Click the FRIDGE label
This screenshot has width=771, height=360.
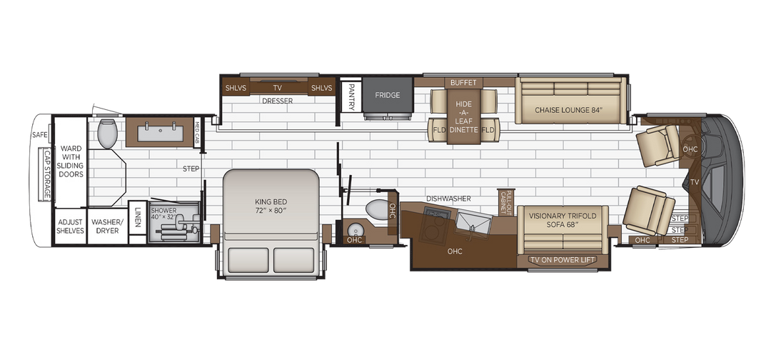pyautogui.click(x=388, y=96)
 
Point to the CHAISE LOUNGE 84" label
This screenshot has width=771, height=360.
pyautogui.click(x=569, y=110)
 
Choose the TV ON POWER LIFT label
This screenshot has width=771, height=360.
pyautogui.click(x=563, y=259)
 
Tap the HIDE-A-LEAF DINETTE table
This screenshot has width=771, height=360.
pyautogui.click(x=463, y=114)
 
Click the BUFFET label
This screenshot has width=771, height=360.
pyautogui.click(x=463, y=83)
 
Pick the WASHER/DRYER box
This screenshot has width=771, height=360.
pyautogui.click(x=106, y=226)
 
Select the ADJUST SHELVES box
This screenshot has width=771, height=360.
pyautogui.click(x=71, y=226)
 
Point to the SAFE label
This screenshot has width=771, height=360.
pyautogui.click(x=39, y=134)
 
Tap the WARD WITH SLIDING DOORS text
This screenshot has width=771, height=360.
pyautogui.click(x=71, y=161)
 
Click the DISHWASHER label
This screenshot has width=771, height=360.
pyautogui.click(x=448, y=199)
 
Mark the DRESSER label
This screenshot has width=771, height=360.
pyautogui.click(x=277, y=101)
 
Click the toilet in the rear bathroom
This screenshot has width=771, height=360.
pyautogui.click(x=108, y=133)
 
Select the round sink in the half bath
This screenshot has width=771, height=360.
pyautogui.click(x=354, y=229)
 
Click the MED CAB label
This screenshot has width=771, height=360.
pyautogui.click(x=198, y=133)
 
